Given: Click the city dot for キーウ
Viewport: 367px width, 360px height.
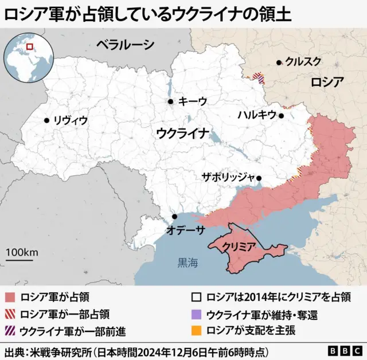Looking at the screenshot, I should pos(170,101).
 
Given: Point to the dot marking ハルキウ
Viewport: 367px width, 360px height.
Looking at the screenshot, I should pos(282,115).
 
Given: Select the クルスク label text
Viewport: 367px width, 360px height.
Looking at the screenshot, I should pos(303,62).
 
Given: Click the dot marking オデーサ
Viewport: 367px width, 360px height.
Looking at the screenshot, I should pos(174,217).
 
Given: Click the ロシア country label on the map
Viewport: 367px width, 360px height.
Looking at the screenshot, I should pos(327,81).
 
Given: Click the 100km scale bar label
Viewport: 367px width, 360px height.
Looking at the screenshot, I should pos(22,252).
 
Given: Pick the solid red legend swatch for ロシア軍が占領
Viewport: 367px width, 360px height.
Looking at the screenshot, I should pos(9,298).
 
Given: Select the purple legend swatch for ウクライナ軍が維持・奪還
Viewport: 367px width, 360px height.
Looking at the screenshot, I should pos(196,314).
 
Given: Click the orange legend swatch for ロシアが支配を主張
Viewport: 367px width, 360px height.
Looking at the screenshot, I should pos(196,331).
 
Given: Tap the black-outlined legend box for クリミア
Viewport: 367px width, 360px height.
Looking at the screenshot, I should pos(196,298).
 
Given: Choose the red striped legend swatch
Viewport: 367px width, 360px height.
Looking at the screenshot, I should pos(9,314).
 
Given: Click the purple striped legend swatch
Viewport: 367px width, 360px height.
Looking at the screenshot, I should pos(9,331).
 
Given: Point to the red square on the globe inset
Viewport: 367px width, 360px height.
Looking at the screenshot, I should pos(30,46).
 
